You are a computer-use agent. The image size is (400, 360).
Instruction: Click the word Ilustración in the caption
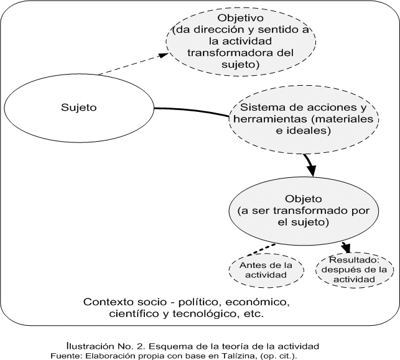91,345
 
